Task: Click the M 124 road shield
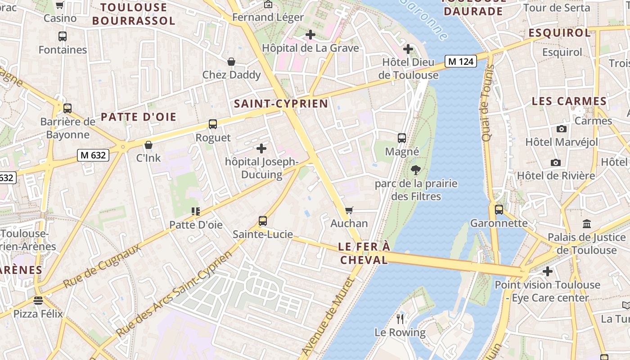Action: [461, 61]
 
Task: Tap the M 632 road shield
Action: [93, 155]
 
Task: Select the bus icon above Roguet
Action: [213, 124]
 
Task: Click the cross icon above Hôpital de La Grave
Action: [310, 34]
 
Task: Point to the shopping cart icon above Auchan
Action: [349, 210]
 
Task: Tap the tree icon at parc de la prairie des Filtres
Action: [416, 170]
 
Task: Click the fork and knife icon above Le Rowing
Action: [400, 319]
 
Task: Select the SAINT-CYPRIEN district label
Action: [281, 104]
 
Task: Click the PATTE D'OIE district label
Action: [138, 117]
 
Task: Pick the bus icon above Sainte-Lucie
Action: [263, 221]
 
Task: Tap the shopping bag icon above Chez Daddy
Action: [231, 62]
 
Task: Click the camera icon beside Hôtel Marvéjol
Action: [562, 129]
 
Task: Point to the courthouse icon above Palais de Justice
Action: [587, 224]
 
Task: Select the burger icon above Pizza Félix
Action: [38, 300]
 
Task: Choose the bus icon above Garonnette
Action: [499, 210]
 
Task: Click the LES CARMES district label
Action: [569, 101]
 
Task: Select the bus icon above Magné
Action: [402, 138]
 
